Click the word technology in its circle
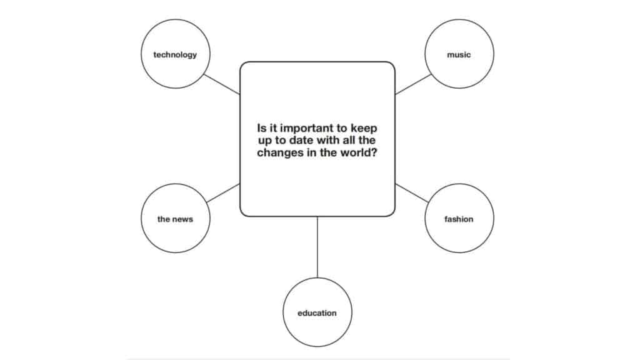click(175, 55)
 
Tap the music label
click(459, 55)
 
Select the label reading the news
click(175, 219)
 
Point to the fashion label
click(459, 219)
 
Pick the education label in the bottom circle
click(317, 313)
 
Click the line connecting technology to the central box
click(222, 84)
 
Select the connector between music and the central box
click(413, 84)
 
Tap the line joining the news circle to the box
click(223, 193)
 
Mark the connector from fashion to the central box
click(412, 193)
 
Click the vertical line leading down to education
click(317, 247)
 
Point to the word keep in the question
click(364, 128)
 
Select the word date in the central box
click(302, 141)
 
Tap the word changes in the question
click(280, 152)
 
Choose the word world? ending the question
click(357, 152)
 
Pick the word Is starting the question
click(262, 128)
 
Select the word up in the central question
click(264, 141)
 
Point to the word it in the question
click(273, 128)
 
